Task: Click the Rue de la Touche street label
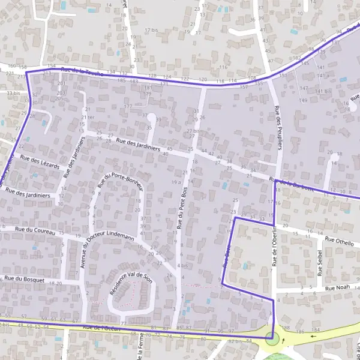pyautogui.click(x=83, y=72)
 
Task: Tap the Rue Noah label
pyautogui.click(x=337, y=288)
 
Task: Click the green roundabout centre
pyautogui.click(x=273, y=340)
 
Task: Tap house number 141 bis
pyautogui.click(x=323, y=91)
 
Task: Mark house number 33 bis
pyautogui.click(x=13, y=94)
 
